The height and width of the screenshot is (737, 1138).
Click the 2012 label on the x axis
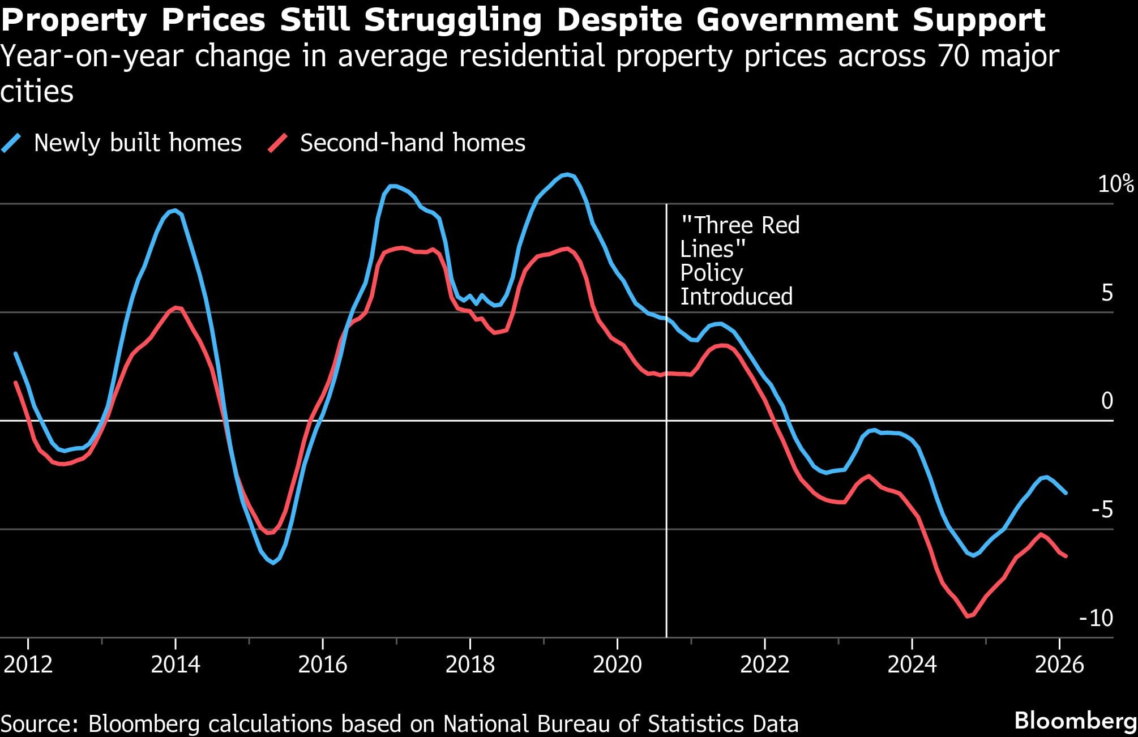coord(28,664)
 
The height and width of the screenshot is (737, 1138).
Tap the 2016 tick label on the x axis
coord(322,664)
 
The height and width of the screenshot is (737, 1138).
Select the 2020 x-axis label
coord(617,664)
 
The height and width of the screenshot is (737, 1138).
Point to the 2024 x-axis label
coord(912,664)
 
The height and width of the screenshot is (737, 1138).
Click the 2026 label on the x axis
coord(1059,664)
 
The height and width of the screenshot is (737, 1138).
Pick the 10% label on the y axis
coord(1115,184)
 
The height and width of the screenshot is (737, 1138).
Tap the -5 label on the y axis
coord(1102,510)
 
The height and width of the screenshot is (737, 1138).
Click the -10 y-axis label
coord(1096,618)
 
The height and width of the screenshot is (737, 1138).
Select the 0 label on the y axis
coord(1107,401)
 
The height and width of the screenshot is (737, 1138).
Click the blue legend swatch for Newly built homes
coord(12,143)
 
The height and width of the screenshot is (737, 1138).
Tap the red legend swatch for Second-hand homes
coord(278,143)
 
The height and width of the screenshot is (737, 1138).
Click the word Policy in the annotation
coord(711,273)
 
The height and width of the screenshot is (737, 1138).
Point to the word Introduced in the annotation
coord(736,297)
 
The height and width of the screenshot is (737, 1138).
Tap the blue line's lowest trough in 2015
coord(273,563)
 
